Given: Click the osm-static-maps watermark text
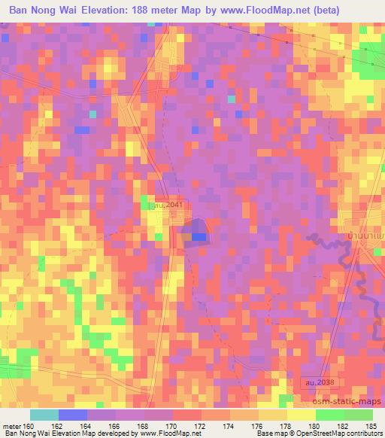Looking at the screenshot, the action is pyautogui.click(x=350, y=399).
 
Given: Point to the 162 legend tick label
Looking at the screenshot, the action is pyautogui.click(x=66, y=424).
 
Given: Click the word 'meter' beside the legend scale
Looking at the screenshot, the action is pyautogui.click(x=11, y=424).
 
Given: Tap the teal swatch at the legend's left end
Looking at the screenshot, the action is pyautogui.click(x=44, y=415).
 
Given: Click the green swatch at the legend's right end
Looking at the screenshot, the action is pyautogui.click(x=359, y=415).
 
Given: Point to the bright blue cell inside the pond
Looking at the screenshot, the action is pyautogui.click(x=199, y=236).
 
